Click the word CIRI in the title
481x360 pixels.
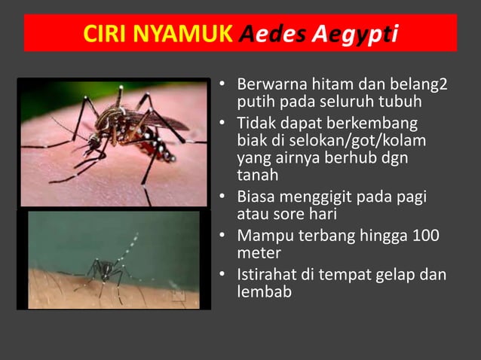coord(106,34)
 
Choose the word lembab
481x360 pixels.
coord(264,292)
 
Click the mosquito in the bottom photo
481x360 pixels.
coord(106,267)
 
